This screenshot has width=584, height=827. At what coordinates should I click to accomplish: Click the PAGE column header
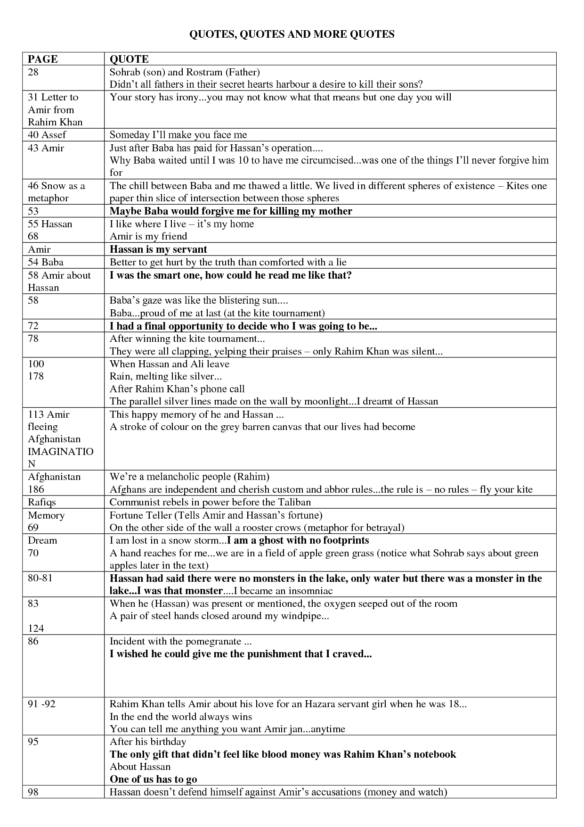coord(43,59)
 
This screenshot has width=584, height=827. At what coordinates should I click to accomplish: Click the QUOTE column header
coord(129,59)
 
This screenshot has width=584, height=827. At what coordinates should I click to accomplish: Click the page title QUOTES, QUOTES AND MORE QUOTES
coord(292,34)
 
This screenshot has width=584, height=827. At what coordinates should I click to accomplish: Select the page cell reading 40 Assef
coord(47,135)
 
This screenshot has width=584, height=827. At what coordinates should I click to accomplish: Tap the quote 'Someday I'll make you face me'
coord(178,135)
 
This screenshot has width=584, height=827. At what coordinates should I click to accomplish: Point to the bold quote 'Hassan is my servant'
coord(158,249)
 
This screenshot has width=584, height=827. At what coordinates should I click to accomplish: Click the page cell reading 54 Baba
coord(46,262)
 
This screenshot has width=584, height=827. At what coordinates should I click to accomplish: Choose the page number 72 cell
coord(33,326)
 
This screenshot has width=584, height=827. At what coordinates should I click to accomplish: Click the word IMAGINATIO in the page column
coord(61,452)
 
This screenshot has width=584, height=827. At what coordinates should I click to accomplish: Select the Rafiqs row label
coord(42,502)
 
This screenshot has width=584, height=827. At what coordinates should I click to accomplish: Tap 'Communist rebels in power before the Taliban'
coord(210,502)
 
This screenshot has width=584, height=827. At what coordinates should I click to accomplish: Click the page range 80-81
coord(40,579)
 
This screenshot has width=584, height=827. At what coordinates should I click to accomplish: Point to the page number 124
coord(36,628)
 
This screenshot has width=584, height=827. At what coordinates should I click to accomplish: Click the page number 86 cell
coord(33,641)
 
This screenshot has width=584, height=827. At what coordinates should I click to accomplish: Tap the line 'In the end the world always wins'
coord(181,717)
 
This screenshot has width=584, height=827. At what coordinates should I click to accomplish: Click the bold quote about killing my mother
coord(231,211)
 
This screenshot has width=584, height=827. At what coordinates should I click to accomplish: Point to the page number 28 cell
coord(33,72)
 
